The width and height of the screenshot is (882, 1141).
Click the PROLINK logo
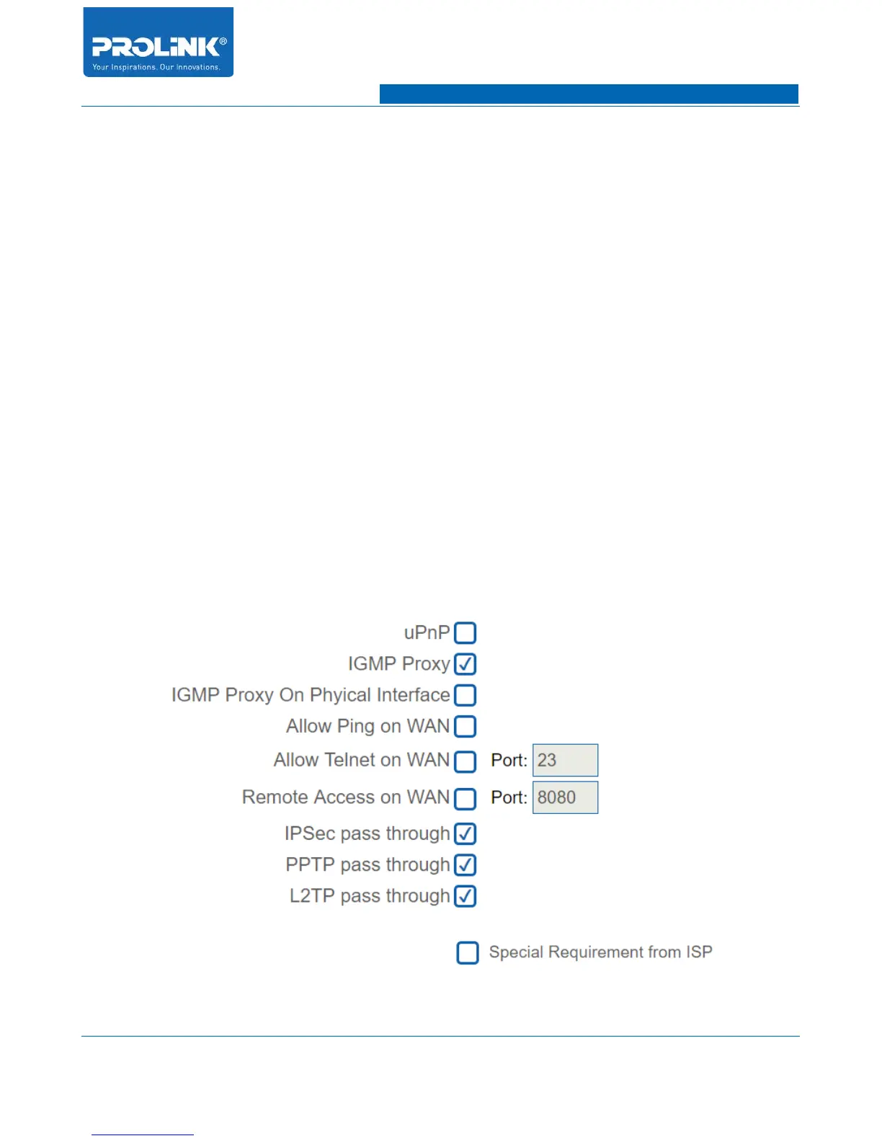tap(158, 42)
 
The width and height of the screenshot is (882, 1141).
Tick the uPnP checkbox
tap(465, 633)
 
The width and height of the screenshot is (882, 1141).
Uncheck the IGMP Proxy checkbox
tap(465, 664)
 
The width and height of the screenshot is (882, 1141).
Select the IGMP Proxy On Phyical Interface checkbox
tap(465, 695)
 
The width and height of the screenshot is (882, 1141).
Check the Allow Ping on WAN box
tap(465, 726)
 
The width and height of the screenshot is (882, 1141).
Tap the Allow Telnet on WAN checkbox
tap(465, 761)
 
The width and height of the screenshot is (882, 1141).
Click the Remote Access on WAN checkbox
tap(465, 798)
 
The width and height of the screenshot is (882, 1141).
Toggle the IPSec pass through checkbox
tap(465, 833)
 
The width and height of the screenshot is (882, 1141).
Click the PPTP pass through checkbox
tap(465, 864)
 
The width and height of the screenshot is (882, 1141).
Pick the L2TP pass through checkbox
tap(465, 896)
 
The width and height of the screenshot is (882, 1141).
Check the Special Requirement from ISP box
tap(468, 952)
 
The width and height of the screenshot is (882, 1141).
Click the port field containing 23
tap(565, 760)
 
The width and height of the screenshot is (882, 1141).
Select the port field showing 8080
tap(565, 797)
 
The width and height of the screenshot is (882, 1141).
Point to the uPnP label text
tap(427, 632)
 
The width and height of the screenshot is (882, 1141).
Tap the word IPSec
tap(310, 833)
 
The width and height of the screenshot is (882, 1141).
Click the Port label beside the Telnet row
tap(509, 760)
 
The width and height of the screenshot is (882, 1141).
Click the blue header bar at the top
tap(589, 94)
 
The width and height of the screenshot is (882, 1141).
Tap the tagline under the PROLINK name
tap(156, 67)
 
